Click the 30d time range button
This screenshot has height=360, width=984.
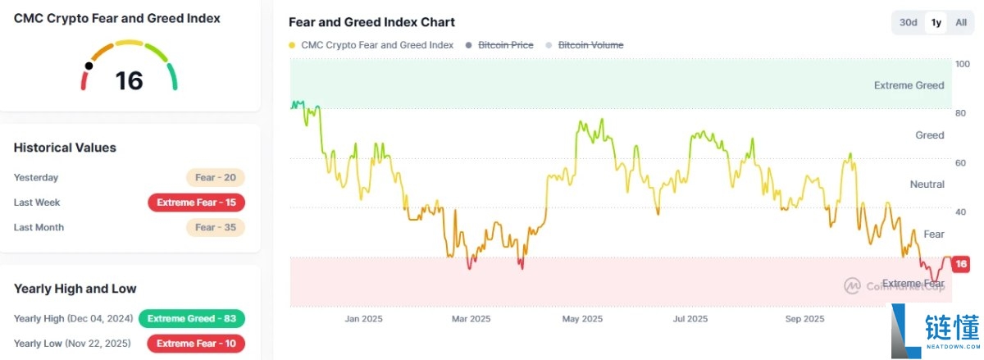[908, 22]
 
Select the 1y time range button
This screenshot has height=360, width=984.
[935, 22]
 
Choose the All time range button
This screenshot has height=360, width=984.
[961, 22]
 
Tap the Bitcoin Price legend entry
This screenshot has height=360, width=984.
[505, 45]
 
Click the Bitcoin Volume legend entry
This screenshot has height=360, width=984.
[590, 45]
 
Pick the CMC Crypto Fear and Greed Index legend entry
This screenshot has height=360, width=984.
[377, 45]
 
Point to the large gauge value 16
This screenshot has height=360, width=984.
[130, 80]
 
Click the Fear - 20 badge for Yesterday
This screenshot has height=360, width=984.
[216, 177]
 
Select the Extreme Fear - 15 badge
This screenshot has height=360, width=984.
[196, 203]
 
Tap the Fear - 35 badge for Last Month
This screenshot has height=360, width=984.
[216, 227]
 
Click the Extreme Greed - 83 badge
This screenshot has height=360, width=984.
[192, 318]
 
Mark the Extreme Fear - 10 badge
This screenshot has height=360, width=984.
[196, 343]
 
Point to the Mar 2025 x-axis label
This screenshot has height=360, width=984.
[471, 318]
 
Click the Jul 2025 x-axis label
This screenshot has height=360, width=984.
[690, 318]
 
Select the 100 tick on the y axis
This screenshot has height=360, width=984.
[962, 64]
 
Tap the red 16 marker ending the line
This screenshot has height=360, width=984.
[961, 264]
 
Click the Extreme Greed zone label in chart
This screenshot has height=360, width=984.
[909, 85]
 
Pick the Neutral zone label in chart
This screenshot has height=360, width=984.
[927, 185]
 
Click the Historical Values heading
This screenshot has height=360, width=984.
[65, 148]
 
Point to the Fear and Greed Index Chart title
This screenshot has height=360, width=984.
[371, 22]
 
